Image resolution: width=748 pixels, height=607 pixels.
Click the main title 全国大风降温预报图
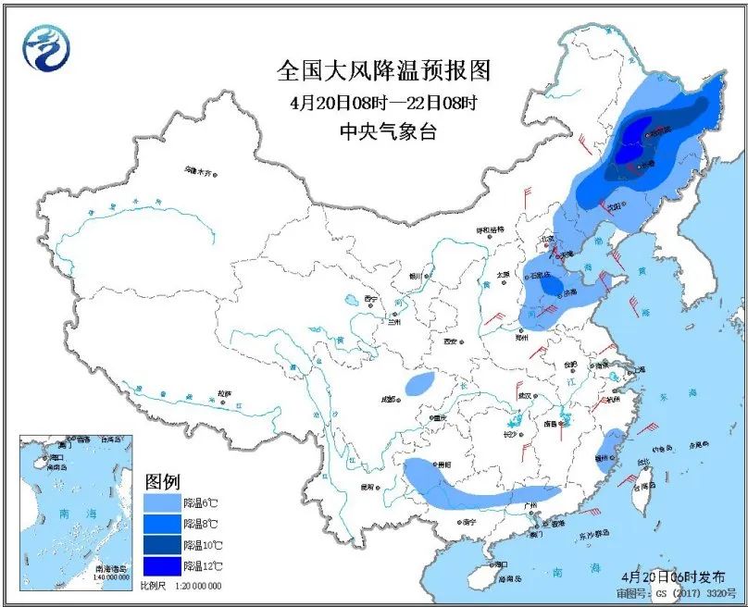383,70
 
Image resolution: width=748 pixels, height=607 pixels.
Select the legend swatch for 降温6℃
162,502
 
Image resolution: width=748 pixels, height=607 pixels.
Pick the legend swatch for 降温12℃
162,565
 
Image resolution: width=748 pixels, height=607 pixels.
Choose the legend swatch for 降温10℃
162,544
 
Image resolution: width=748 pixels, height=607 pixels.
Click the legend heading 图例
162,482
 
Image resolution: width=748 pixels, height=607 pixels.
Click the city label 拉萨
224,393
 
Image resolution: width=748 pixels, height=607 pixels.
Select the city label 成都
386,399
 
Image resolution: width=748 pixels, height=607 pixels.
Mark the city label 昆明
368,487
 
